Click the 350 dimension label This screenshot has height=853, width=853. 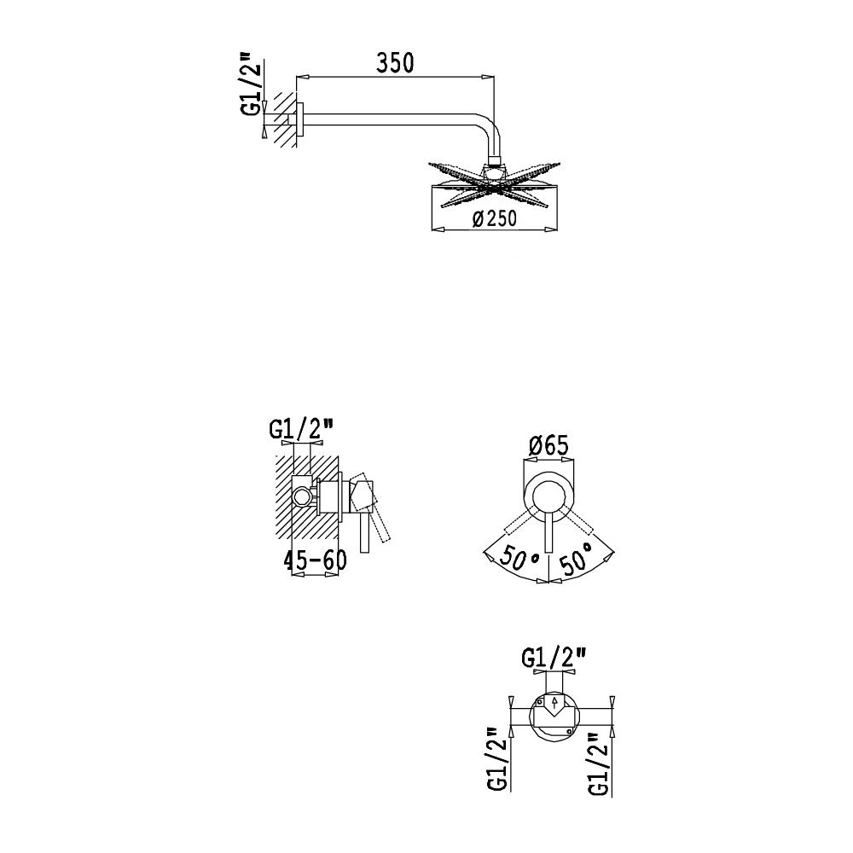(395, 63)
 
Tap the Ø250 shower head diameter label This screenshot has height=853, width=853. (495, 218)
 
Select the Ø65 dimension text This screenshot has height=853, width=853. (548, 446)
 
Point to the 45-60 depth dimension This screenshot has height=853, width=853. (315, 560)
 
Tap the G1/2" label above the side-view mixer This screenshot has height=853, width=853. (302, 429)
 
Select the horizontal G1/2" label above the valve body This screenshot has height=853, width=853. (554, 659)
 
